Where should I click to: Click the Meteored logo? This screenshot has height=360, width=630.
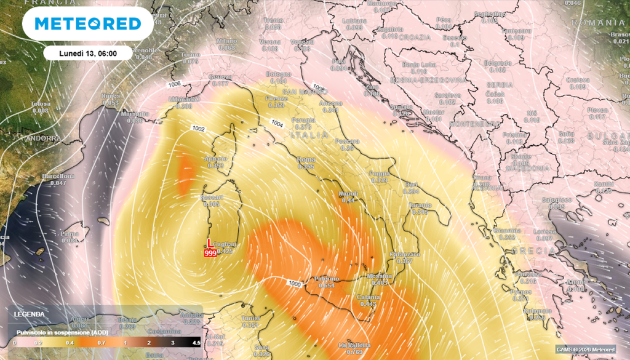(88, 23)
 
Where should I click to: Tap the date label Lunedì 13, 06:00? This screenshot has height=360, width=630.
(88, 54)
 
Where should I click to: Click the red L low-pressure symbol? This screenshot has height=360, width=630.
(209, 242)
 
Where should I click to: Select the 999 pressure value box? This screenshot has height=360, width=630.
(210, 252)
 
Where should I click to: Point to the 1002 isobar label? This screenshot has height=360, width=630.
(198, 129)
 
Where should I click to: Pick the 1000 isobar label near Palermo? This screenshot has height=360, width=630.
(294, 283)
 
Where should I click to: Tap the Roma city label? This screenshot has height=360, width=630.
(306, 159)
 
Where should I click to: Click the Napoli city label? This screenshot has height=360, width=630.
(349, 194)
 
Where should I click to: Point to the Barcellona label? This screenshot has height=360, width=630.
(58, 176)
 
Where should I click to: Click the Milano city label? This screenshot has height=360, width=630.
(226, 41)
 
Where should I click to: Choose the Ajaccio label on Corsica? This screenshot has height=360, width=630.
(215, 159)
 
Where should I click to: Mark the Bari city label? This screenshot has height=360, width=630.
(411, 185)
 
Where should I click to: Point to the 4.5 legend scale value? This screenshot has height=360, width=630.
(196, 342)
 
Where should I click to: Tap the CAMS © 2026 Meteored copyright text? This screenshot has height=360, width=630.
(591, 350)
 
